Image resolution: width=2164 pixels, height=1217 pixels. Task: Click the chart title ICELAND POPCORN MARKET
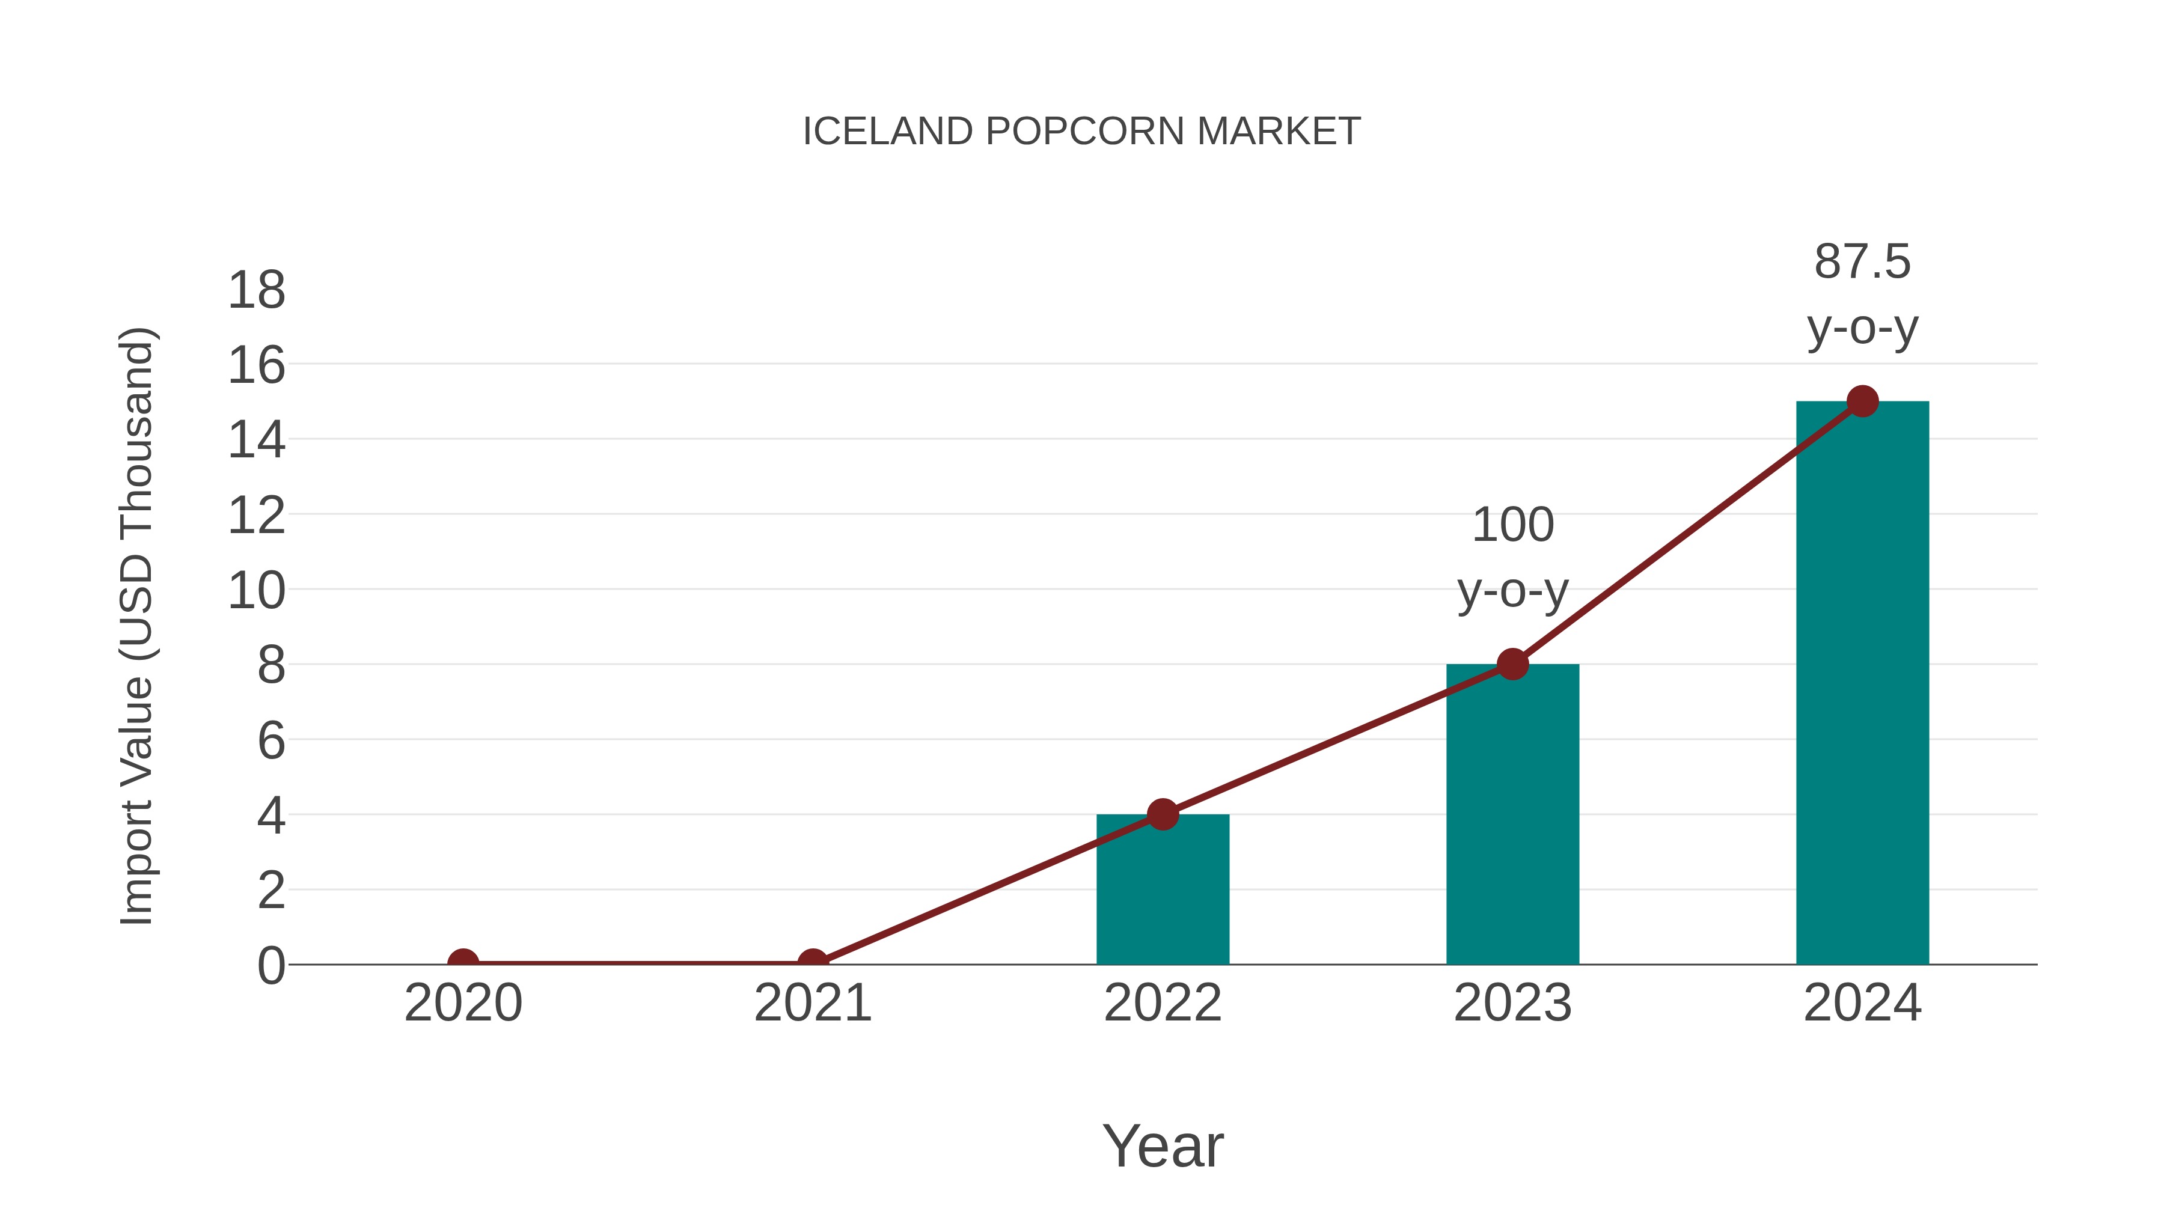(x=1081, y=132)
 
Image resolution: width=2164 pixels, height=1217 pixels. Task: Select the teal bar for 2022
(x=1163, y=890)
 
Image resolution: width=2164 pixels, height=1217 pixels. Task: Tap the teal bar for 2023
(x=1512, y=815)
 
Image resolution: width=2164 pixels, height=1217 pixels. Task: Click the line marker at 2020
(x=463, y=963)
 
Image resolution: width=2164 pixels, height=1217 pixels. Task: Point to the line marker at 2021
(x=812, y=963)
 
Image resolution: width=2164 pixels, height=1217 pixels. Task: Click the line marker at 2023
(x=1512, y=664)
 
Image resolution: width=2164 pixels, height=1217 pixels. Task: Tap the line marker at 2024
(x=1862, y=401)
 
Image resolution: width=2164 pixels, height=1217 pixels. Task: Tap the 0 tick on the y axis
(x=270, y=965)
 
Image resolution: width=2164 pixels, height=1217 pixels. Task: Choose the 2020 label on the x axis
(x=463, y=1003)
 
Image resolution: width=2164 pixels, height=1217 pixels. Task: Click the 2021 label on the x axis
(x=812, y=1003)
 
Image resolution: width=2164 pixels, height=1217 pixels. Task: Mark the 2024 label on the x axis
(x=1862, y=1003)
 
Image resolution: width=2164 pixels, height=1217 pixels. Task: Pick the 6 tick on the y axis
(x=270, y=741)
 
